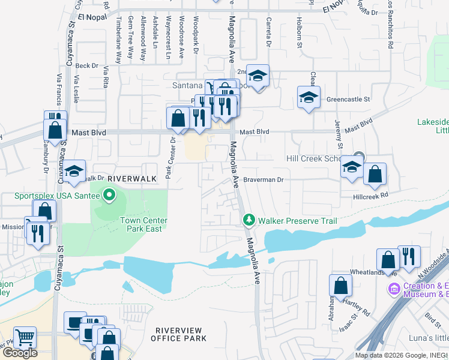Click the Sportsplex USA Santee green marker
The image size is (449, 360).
pyautogui.click(x=109, y=195)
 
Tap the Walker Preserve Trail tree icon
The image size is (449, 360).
pyautogui.click(x=249, y=221)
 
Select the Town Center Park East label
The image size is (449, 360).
pyautogui.click(x=144, y=224)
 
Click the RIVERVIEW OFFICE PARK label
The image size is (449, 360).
pyautogui.click(x=181, y=334)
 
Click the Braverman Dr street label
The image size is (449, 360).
pyautogui.click(x=263, y=179)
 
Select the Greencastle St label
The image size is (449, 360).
pyautogui.click(x=348, y=99)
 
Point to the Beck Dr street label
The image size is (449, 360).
pyautogui.click(x=86, y=65)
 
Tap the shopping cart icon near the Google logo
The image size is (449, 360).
pyautogui.click(x=25, y=337)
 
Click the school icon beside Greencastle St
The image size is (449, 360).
pyautogui.click(x=309, y=97)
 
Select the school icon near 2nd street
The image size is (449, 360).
pyautogui.click(x=258, y=76)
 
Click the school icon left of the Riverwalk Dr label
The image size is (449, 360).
pyautogui.click(x=74, y=172)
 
